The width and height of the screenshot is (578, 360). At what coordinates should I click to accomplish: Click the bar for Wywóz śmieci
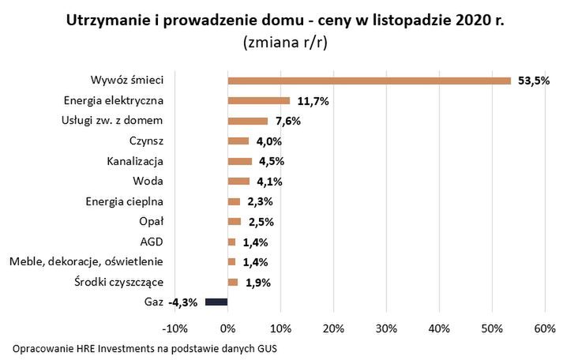370,81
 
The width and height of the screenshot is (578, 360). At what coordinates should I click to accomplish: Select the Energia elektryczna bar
259,101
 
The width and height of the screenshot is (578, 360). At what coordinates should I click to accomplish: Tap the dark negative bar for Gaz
216,302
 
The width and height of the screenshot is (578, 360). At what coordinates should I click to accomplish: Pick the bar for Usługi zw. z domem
248,121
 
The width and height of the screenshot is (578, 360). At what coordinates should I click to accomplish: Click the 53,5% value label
533,81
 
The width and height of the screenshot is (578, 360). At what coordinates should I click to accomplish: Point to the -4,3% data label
182,302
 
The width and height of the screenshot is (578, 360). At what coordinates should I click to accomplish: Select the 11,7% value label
313,101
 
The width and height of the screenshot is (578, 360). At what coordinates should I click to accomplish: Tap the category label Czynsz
146,141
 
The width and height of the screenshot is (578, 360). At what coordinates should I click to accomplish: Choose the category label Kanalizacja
135,161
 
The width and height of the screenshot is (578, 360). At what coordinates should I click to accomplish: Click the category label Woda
148,182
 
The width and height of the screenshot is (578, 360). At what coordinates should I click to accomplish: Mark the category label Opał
150,221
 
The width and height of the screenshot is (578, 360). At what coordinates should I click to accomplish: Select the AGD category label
151,242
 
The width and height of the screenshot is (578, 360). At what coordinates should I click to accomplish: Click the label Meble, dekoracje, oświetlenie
86,261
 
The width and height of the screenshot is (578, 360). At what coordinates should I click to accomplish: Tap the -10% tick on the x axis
174,328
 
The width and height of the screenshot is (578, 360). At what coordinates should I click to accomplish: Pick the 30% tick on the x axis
386,328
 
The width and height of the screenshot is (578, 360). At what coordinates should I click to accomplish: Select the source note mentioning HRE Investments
145,348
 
